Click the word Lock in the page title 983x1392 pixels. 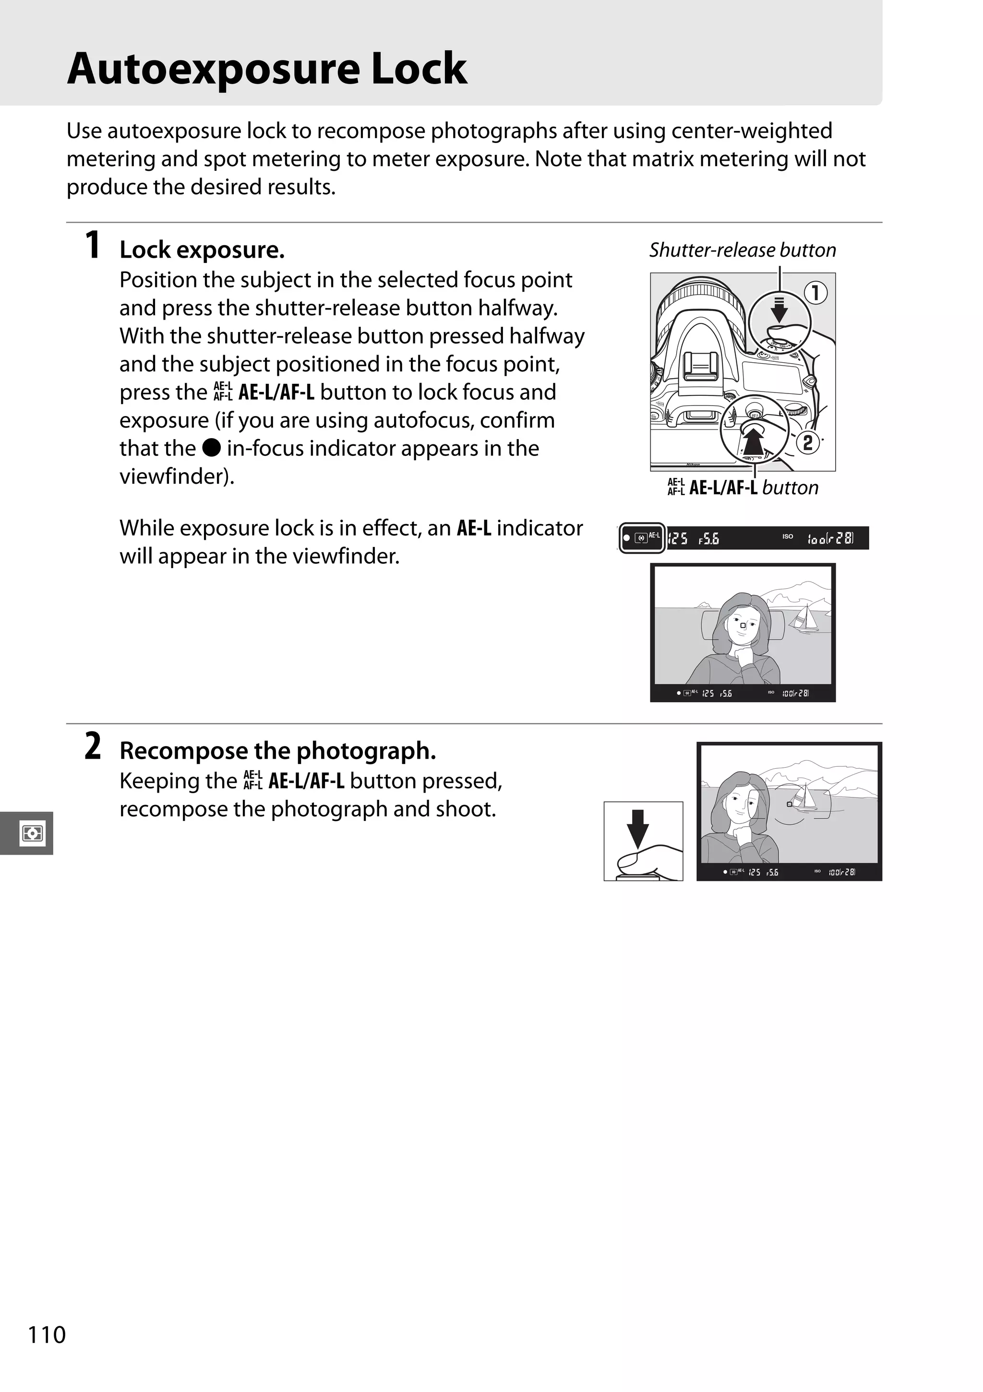[x=419, y=68]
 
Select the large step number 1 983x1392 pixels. [x=92, y=246]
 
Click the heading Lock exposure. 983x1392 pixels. [x=202, y=250]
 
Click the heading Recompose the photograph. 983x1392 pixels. [x=278, y=750]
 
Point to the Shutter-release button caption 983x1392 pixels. [x=742, y=250]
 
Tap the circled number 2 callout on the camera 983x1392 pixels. [x=808, y=442]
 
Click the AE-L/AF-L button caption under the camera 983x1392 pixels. [x=743, y=488]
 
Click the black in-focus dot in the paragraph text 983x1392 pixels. [x=211, y=448]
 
